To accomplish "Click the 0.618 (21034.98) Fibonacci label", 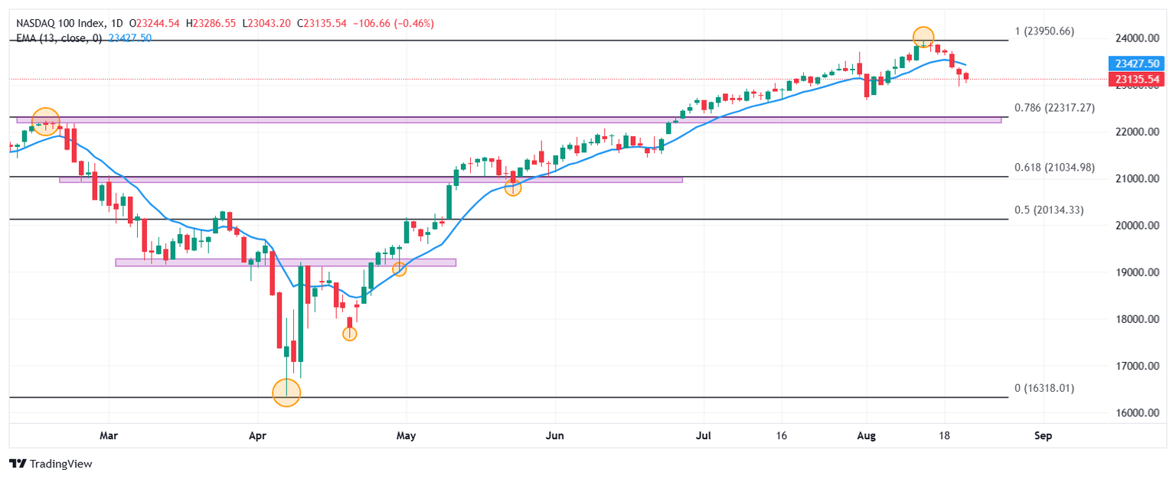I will pos(1054,168).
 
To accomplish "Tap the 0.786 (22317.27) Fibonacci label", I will pos(1054,108).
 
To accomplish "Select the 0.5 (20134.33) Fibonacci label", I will pos(1048,210).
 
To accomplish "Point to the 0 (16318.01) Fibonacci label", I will pos(1044,388).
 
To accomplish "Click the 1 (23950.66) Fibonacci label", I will pos(1044,31).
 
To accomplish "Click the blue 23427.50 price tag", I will pos(1136,64).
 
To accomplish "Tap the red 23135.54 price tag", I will pos(1136,79).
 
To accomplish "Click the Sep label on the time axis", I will pos(1043,435).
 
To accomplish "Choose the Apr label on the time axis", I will pos(257,435).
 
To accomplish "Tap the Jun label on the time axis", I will pos(554,435).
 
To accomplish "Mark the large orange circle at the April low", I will pos(286,393).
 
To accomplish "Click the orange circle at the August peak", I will pos(923,36).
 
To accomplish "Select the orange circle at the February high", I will pos(45,121).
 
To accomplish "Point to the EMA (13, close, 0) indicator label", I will pos(59,37).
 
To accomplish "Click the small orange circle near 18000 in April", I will pos(349,334).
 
